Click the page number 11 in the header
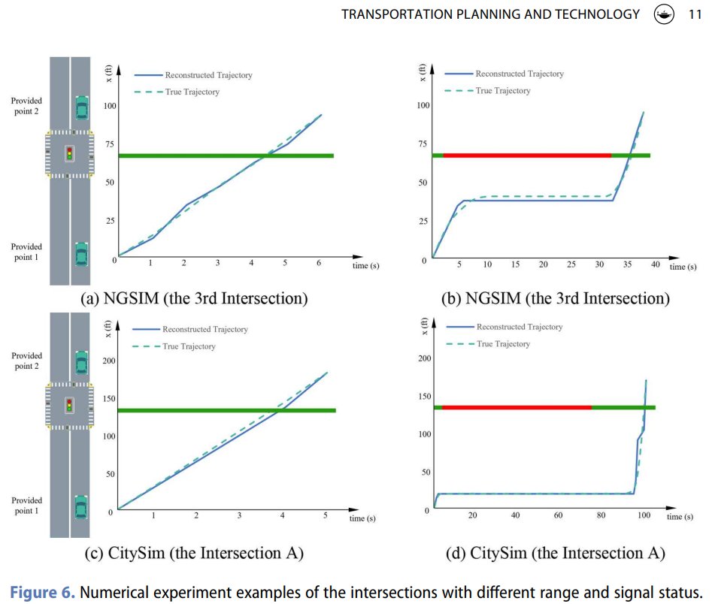[x=695, y=14]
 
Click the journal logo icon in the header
[x=664, y=14]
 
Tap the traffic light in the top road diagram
[x=70, y=153]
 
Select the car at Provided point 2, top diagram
[x=81, y=107]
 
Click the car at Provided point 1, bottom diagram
[x=81, y=509]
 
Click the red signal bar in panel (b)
[x=526, y=156]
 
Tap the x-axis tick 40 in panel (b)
[x=655, y=264]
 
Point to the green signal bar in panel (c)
[x=226, y=410]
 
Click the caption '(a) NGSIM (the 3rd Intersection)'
[x=194, y=298]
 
